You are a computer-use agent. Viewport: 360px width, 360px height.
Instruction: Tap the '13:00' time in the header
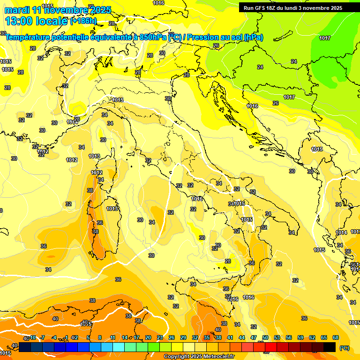pos(19,21)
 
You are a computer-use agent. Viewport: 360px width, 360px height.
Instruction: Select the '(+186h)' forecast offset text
pos(83,21)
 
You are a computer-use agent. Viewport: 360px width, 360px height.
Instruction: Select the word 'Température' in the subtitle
pos(28,37)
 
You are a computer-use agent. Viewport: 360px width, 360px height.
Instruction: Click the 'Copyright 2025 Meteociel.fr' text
pos(199,357)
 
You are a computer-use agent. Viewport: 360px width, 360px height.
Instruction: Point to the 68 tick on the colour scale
pos(336,337)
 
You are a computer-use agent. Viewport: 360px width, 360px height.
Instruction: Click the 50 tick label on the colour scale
pos(265,337)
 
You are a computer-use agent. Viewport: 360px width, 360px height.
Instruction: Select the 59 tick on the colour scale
pos(300,337)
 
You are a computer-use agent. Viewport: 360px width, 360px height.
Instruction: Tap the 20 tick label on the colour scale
pos(148,337)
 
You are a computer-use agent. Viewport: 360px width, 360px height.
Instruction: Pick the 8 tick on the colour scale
pos(100,337)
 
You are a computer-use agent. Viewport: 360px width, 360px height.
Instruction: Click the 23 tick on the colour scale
pos(160,337)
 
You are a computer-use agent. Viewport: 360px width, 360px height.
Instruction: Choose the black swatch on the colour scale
pos(330,347)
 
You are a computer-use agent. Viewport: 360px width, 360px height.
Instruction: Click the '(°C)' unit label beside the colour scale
pos(345,347)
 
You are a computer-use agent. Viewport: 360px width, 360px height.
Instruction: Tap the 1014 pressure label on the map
pos(341,232)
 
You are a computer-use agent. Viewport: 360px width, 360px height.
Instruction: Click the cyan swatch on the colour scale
pos(119,347)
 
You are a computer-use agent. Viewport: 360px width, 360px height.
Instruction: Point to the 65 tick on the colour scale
pos(324,337)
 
